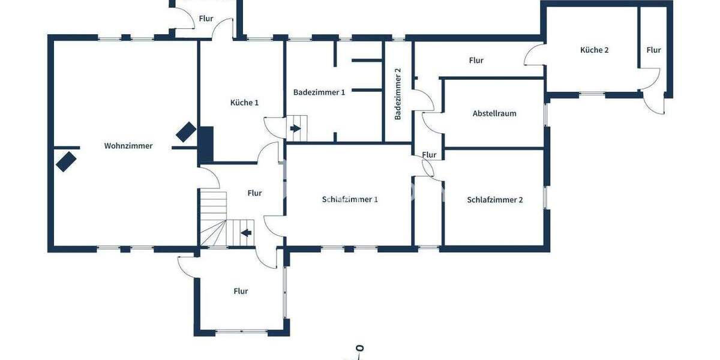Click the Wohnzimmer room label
[128, 146]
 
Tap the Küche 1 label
[244, 103]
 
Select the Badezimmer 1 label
[319, 92]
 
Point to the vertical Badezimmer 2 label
[398, 94]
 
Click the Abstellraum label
[494, 113]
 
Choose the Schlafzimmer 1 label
[350, 200]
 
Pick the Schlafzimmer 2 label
[495, 200]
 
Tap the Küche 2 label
[594, 50]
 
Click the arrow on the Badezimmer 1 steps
[295, 128]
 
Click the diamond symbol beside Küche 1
[185, 132]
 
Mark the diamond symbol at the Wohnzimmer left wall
[65, 161]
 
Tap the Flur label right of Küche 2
[653, 50]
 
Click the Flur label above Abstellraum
[476, 61]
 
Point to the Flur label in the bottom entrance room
[241, 292]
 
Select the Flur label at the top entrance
[206, 19]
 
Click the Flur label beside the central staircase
[254, 193]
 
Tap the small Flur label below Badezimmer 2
[429, 155]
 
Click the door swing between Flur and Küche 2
[534, 56]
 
